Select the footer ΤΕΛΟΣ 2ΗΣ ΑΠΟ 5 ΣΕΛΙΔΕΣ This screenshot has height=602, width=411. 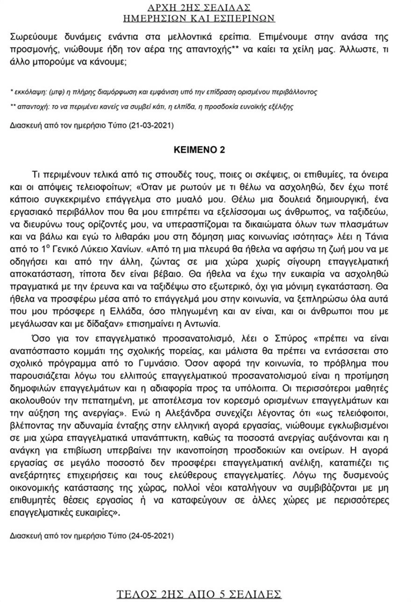(199, 594)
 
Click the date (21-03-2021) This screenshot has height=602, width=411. (151, 126)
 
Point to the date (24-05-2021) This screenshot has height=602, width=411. (151, 534)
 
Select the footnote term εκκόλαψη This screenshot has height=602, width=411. (29, 92)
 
